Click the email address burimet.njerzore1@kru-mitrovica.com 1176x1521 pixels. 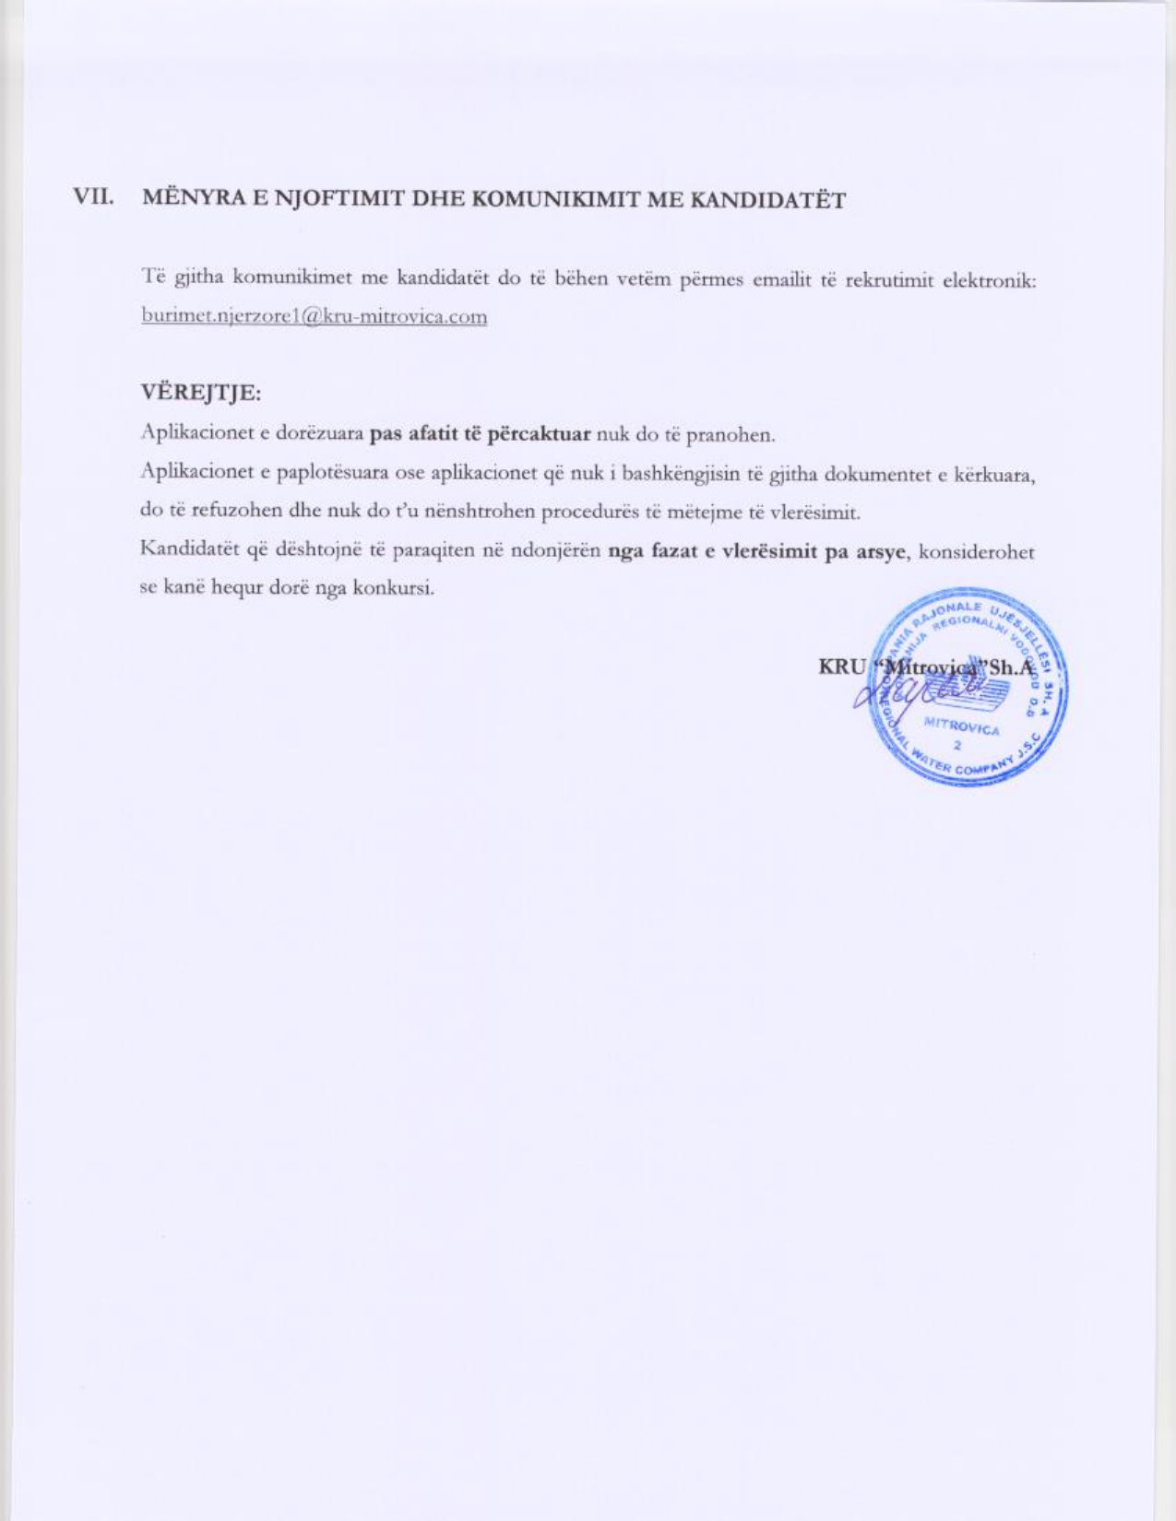tap(314, 317)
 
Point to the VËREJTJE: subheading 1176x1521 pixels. tap(200, 393)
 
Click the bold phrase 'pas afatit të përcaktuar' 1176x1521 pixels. tap(479, 433)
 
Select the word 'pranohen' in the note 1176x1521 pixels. tap(736, 434)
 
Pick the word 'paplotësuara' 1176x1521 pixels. tap(316, 473)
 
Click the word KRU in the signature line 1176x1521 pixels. tap(840, 666)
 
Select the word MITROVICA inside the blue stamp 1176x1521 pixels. tap(961, 728)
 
